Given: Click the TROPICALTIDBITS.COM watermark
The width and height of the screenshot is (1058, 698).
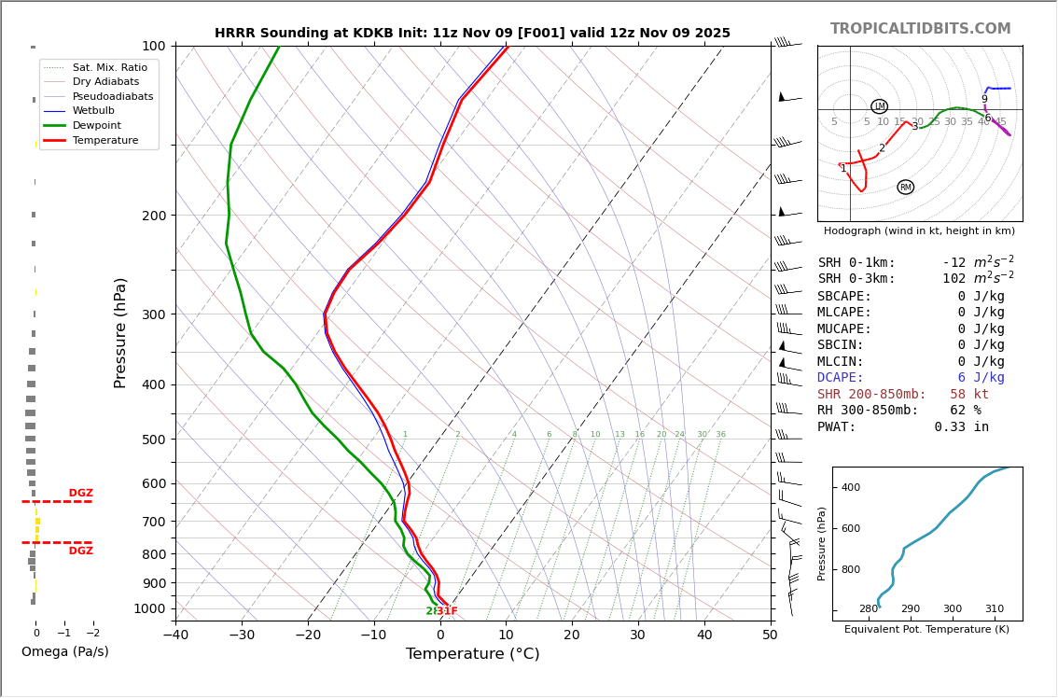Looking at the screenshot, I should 920,29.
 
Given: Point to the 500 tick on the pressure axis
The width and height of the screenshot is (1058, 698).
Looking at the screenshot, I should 153,440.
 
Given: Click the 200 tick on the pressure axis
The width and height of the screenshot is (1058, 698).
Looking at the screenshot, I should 153,216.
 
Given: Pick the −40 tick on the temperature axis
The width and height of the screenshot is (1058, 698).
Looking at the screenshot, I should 175,635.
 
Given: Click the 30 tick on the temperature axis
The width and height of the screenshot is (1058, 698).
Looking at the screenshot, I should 637,635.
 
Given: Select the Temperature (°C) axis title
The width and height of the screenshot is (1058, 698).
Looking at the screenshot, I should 472,654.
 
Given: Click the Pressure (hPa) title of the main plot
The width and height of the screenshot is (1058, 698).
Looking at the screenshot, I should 120,332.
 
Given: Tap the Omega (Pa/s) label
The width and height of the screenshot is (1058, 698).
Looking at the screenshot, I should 64,652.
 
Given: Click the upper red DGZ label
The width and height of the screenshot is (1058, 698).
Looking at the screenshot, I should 80,494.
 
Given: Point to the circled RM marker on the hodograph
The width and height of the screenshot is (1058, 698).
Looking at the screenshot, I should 905,188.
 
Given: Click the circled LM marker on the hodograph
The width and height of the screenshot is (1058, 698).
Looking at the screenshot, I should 879,106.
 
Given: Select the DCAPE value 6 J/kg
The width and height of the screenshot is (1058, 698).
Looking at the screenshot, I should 981,378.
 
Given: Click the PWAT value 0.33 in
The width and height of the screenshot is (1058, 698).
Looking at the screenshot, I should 961,427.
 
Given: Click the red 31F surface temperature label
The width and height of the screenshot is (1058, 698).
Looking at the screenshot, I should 447,611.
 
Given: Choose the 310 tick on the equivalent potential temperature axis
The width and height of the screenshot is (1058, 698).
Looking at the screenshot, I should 995,609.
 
